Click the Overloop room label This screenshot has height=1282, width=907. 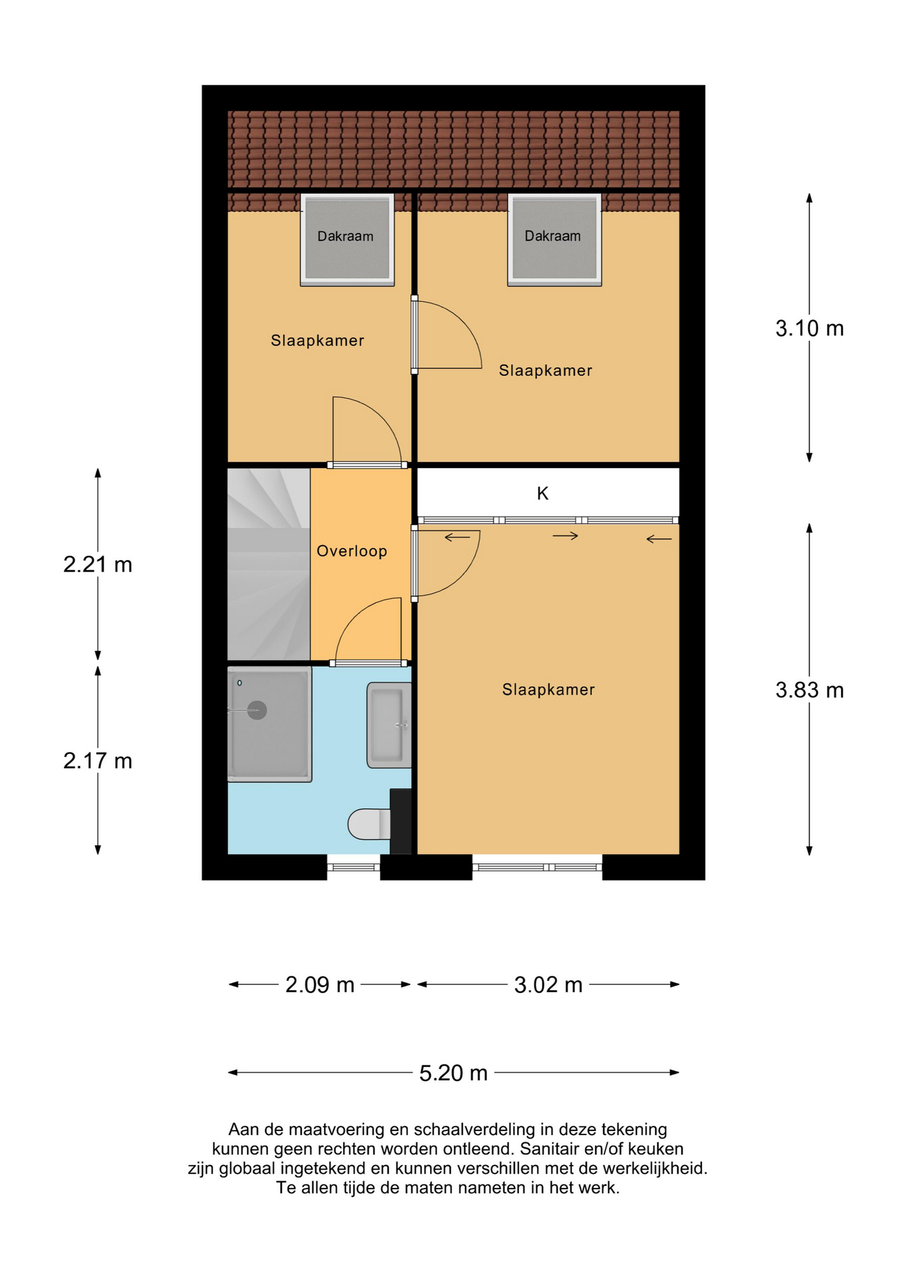click(x=351, y=551)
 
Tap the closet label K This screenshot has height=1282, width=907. click(x=542, y=493)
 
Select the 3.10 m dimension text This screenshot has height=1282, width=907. click(x=809, y=329)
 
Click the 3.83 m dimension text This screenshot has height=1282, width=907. click(x=809, y=690)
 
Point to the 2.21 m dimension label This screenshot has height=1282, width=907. click(x=98, y=565)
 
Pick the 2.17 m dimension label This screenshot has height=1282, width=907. click(x=98, y=761)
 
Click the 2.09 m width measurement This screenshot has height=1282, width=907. click(x=319, y=984)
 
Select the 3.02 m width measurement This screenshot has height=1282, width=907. click(x=548, y=984)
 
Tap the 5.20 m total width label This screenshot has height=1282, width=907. click(x=453, y=1073)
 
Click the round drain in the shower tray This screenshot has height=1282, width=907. click(x=257, y=710)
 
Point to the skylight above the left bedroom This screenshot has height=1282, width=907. click(x=347, y=239)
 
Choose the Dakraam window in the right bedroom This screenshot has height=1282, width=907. click(x=554, y=239)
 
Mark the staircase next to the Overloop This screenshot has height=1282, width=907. click(x=268, y=564)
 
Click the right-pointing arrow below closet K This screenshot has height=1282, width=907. click(x=565, y=536)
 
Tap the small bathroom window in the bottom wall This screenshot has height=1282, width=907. click(x=353, y=867)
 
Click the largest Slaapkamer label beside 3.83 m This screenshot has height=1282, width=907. click(x=548, y=690)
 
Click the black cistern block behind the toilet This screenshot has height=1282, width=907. click(x=401, y=821)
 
